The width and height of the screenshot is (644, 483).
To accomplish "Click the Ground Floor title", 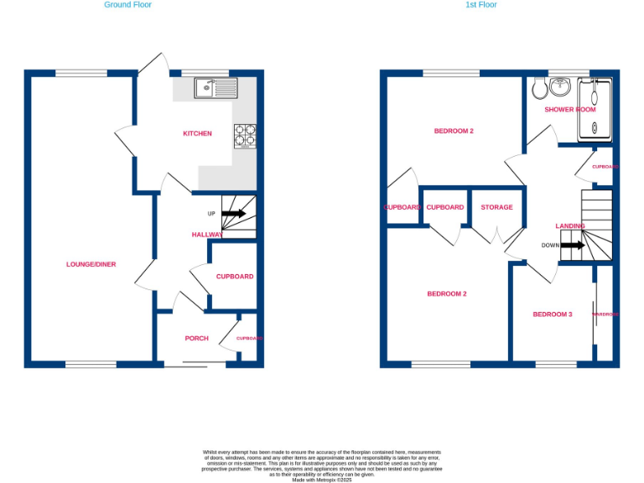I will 127,5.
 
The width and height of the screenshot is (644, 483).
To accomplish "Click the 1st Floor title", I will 481,5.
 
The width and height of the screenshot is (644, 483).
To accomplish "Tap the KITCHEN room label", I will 198,133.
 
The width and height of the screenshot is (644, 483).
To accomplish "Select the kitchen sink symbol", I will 216,87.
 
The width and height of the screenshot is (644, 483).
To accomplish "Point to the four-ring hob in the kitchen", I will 246,136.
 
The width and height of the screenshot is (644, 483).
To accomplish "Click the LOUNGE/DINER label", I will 91,264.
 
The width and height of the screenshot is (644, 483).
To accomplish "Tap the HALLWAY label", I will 208,235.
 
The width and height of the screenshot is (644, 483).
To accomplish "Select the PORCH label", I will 196,338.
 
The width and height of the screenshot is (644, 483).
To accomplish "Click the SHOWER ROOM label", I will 570,110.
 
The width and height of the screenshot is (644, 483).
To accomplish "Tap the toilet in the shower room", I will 539,88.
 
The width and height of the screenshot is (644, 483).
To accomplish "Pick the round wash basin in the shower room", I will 561,86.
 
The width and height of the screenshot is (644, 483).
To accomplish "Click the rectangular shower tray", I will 595,107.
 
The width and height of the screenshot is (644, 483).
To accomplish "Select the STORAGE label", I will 496,207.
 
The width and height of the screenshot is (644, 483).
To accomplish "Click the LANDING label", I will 570,226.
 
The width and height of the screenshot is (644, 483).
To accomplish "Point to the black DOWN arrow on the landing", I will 573,246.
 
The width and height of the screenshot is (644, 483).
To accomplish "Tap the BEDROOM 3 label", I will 553,314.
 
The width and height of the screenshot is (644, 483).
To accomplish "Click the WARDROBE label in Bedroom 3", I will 605,314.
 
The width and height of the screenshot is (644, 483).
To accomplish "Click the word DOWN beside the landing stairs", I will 550,246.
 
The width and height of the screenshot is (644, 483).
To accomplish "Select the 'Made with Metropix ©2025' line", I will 322,480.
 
